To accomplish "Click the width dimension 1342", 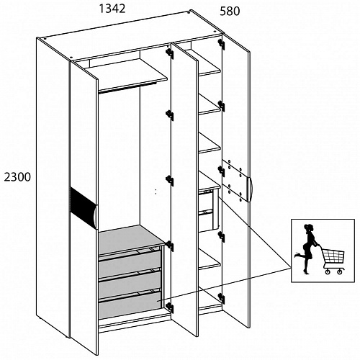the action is click(112, 9).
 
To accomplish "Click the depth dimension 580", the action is click(230, 12).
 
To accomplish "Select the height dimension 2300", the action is click(17, 177).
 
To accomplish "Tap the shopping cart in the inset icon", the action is click(333, 261).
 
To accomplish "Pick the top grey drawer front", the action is click(130, 264).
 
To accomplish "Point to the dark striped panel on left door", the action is click(83, 207).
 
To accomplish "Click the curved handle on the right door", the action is click(249, 189).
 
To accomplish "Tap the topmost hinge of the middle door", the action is click(170, 53).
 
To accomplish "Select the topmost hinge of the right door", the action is click(221, 43).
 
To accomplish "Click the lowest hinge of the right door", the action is click(221, 298).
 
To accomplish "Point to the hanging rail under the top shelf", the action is click(127, 87).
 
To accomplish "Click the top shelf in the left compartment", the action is click(127, 74).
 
